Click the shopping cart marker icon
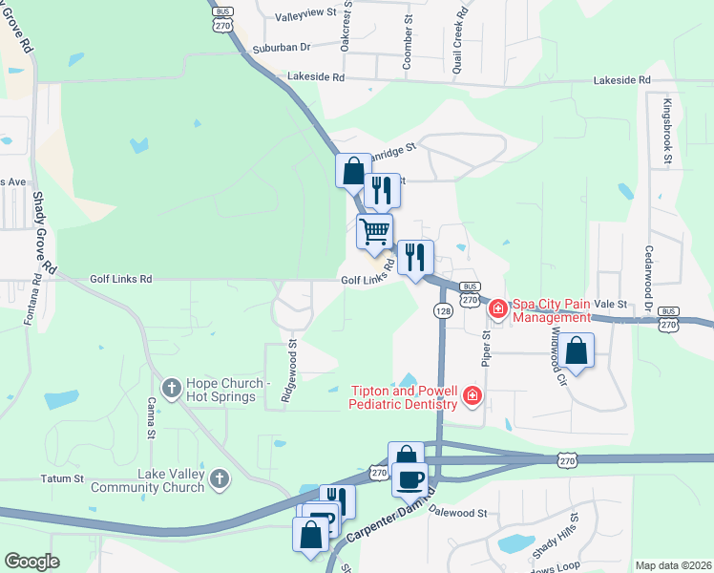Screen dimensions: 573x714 pyautogui.click(x=374, y=230)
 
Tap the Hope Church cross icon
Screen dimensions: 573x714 pyautogui.click(x=171, y=387)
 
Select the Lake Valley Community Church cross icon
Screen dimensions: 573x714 pyautogui.click(x=219, y=478)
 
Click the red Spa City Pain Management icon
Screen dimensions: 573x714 pyautogui.click(x=497, y=308)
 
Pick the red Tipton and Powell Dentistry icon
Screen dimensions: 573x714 pyautogui.click(x=471, y=395)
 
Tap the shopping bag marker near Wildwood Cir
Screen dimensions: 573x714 pyautogui.click(x=577, y=350)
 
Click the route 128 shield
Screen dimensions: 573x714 pyautogui.click(x=442, y=311)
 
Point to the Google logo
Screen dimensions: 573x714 pyautogui.click(x=31, y=562)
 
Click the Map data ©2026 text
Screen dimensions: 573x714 pyautogui.click(x=673, y=565)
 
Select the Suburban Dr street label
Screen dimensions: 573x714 pyautogui.click(x=282, y=47)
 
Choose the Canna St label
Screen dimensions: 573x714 pyautogui.click(x=151, y=421)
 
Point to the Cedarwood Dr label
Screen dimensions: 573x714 pyautogui.click(x=648, y=276)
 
